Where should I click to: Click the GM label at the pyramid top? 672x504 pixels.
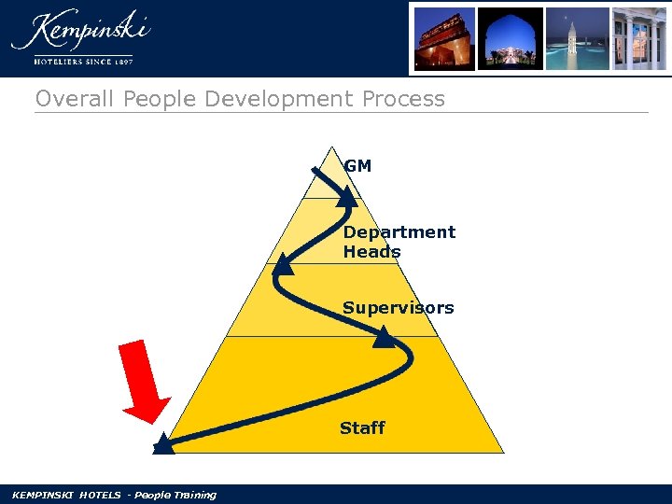click(x=357, y=166)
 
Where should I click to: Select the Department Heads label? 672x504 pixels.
click(x=399, y=242)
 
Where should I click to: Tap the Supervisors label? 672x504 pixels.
click(x=398, y=308)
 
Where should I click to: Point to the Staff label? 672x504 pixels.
click(x=362, y=428)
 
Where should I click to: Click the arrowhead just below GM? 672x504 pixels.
click(x=346, y=195)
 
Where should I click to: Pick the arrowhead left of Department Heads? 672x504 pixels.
click(x=283, y=267)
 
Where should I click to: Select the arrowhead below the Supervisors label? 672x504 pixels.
click(x=384, y=337)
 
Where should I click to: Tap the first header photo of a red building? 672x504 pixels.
click(x=442, y=38)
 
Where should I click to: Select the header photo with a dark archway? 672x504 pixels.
click(x=511, y=38)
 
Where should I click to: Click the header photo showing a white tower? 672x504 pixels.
click(x=577, y=38)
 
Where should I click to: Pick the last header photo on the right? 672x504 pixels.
click(x=639, y=38)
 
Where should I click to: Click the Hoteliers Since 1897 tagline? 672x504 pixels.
click(x=83, y=62)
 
